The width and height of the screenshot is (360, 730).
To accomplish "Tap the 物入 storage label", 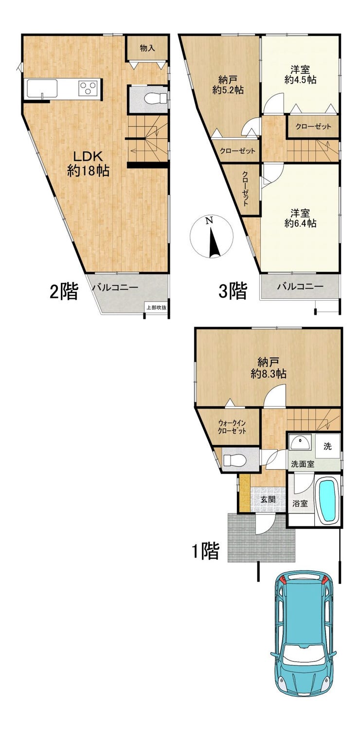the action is [147, 48].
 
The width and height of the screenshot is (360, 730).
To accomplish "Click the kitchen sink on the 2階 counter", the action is [42, 88].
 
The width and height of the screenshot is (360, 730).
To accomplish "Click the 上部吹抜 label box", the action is [156, 307].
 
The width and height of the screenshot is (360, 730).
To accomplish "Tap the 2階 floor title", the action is [64, 291].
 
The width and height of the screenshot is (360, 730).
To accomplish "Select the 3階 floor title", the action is [233, 291].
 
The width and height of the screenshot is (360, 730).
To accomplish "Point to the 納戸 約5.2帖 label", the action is [228, 84].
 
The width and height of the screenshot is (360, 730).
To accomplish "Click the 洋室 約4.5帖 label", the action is [300, 74].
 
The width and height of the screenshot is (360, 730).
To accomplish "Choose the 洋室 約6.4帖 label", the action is [300, 219].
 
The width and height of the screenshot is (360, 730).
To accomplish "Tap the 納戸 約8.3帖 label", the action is [269, 367].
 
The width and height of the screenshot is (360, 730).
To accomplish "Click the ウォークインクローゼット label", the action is [232, 427].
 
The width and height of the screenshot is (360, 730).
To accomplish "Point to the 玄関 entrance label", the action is [269, 499].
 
